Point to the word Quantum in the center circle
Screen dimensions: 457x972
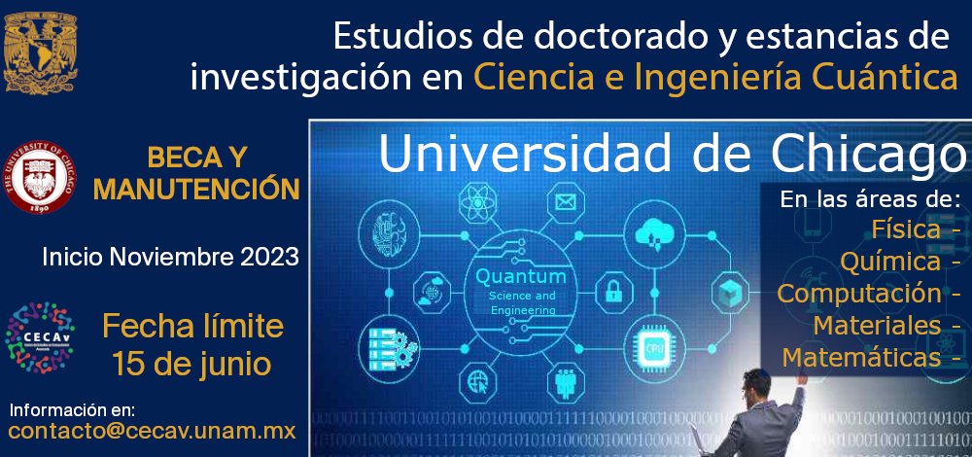[x=520, y=277]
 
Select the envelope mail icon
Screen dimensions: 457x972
[x=565, y=202]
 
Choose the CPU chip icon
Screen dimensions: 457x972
[x=651, y=344]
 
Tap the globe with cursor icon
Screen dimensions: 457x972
[x=478, y=379]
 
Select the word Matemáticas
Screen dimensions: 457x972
[x=861, y=357]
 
